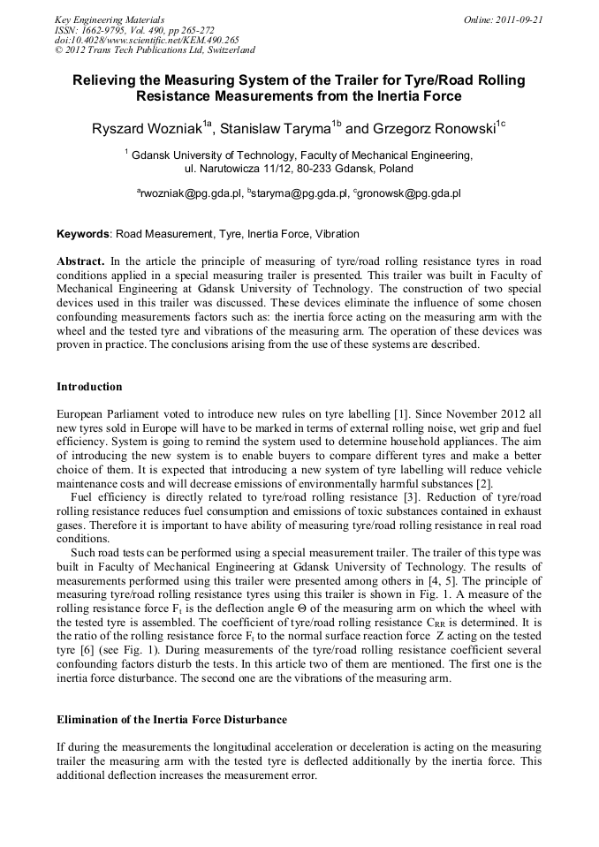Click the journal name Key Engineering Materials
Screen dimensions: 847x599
pos(109,19)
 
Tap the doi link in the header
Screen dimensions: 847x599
pos(147,40)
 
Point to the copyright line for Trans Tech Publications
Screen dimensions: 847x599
pos(155,50)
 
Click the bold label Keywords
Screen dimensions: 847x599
pos(83,234)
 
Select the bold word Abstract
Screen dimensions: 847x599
pos(80,262)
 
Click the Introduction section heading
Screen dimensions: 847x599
pos(89,387)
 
